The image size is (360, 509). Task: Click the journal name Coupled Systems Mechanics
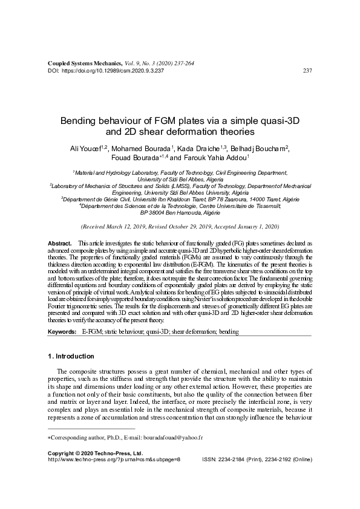point(85,63)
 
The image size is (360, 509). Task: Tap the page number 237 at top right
point(306,71)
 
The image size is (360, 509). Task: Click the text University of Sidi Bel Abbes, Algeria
point(180,180)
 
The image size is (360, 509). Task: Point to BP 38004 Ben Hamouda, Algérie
point(180,213)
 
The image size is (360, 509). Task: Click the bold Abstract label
point(59,242)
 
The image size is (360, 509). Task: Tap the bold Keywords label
point(62,332)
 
